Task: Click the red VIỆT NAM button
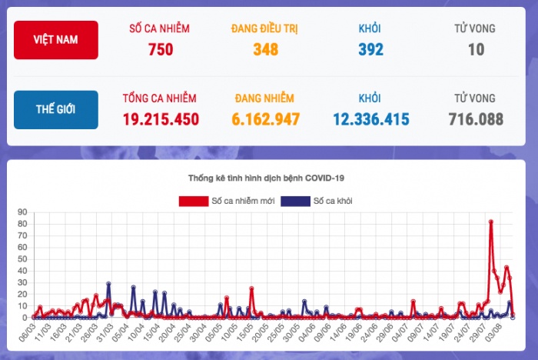[x=55, y=40]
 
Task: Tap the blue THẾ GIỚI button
[x=55, y=110]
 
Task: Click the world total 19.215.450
[x=160, y=120]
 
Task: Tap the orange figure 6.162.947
[x=264, y=120]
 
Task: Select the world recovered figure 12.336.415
[x=370, y=120]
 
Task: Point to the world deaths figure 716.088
[x=476, y=120]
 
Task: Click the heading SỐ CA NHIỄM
[x=160, y=28]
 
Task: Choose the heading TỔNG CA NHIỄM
[x=160, y=98]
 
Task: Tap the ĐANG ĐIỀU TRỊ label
[x=264, y=28]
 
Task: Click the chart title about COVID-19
[x=266, y=178]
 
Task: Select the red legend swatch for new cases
[x=194, y=202]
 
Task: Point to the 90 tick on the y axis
[x=22, y=212]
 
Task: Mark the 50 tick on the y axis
[x=22, y=258]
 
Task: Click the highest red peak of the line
[x=490, y=222]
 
